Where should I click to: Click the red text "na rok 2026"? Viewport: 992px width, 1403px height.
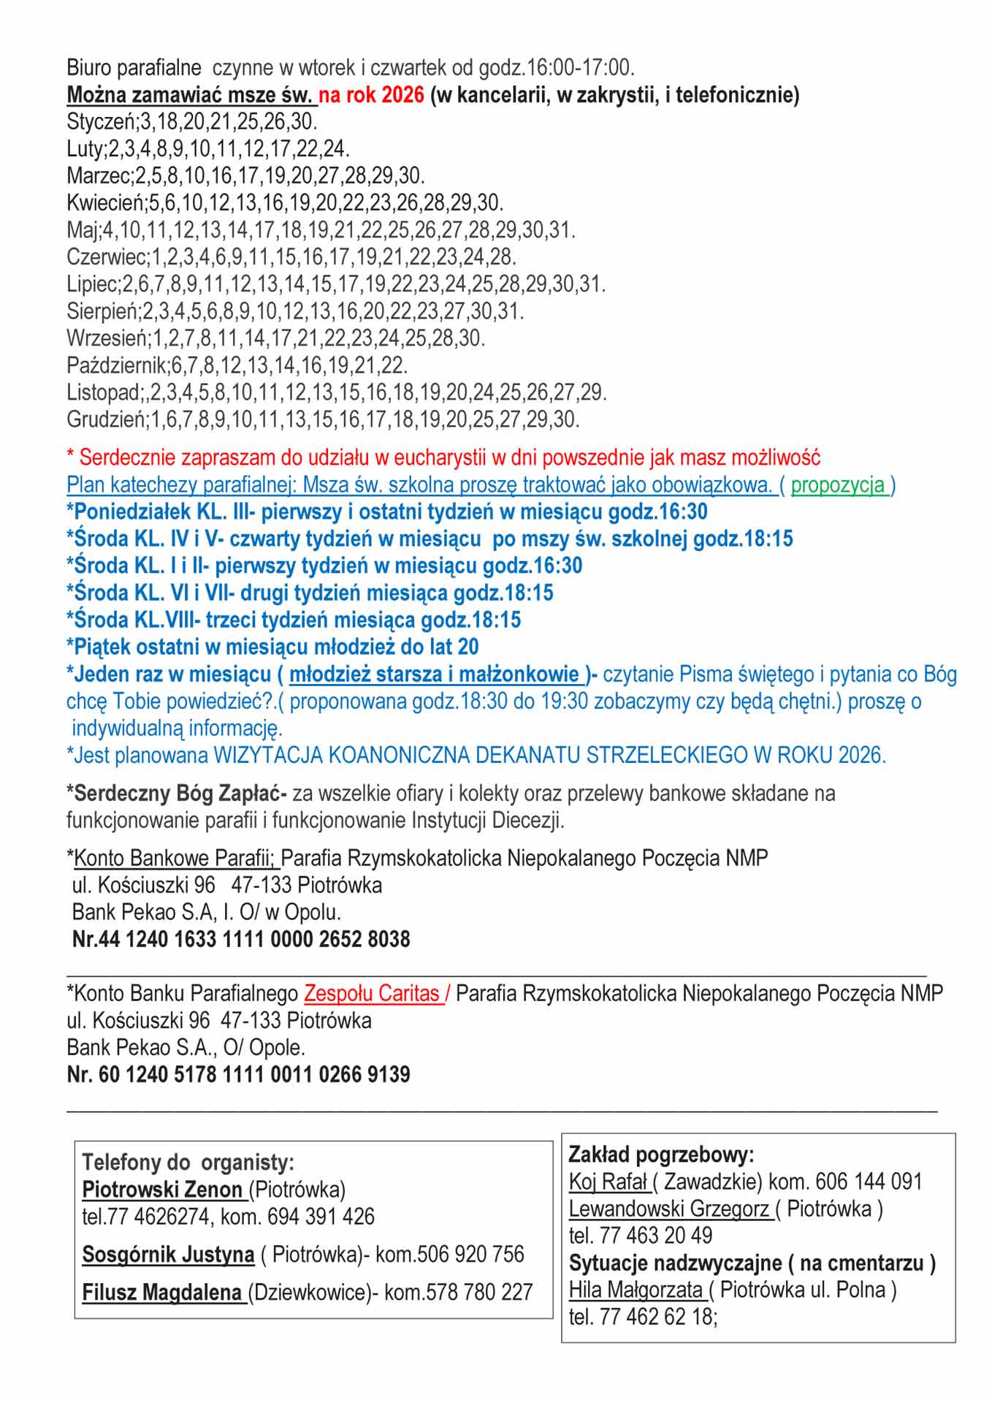371,95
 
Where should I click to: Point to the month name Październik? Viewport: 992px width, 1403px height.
116,365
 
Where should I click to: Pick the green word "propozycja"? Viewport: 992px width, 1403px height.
838,484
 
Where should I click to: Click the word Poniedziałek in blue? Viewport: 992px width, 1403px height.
124,512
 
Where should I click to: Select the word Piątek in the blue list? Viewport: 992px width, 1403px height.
100,647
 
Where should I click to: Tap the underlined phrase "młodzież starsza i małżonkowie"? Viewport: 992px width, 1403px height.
435,674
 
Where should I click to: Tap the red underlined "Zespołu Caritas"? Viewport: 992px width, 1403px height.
372,993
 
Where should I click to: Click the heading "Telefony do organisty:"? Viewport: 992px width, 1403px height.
188,1162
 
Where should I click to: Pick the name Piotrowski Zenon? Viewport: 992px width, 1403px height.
162,1189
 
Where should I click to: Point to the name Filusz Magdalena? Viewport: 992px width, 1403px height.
162,1292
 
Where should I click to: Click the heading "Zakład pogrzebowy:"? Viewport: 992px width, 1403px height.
661,1155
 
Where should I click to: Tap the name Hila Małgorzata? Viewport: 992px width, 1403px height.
636,1290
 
